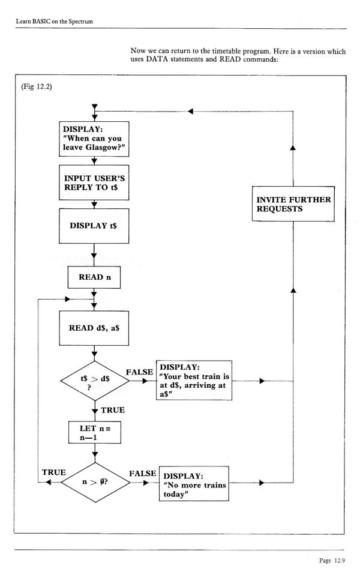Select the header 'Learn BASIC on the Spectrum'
(x=57, y=22)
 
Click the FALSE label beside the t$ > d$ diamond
(x=140, y=372)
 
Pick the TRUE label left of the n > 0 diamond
(x=54, y=472)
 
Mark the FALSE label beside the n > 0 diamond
(x=142, y=473)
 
